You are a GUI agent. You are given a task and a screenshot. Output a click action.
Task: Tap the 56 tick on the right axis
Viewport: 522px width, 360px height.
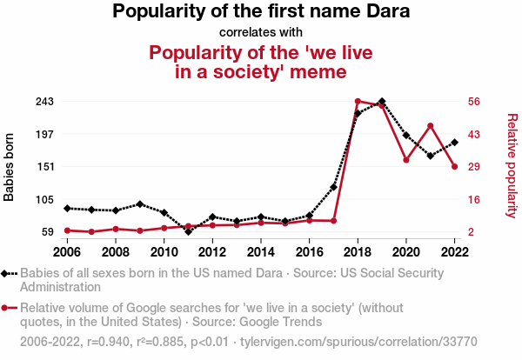tap(474, 102)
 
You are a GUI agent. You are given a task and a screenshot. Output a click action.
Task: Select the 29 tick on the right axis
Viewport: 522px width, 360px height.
tap(474, 167)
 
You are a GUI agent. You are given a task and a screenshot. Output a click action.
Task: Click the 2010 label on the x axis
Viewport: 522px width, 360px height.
tap(164, 252)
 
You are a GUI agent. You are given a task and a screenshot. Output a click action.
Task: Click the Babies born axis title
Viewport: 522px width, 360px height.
tap(10, 167)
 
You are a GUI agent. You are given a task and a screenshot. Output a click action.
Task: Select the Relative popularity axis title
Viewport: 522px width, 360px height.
tap(512, 165)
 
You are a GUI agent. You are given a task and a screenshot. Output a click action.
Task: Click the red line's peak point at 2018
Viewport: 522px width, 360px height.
tap(358, 102)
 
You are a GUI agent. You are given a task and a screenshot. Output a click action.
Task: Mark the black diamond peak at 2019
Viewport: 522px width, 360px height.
tap(382, 102)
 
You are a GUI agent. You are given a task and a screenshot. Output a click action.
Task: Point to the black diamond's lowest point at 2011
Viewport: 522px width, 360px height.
tap(188, 231)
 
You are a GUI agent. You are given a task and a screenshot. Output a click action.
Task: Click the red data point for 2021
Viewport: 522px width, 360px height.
tap(430, 126)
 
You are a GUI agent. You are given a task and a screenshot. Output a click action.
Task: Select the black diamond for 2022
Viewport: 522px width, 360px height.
tap(454, 143)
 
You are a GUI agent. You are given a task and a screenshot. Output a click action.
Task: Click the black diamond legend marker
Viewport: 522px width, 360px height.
tap(8, 273)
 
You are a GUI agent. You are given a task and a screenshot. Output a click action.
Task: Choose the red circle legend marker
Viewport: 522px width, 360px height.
tap(8, 308)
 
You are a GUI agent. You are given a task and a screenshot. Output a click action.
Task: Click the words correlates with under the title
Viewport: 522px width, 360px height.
tap(261, 32)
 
